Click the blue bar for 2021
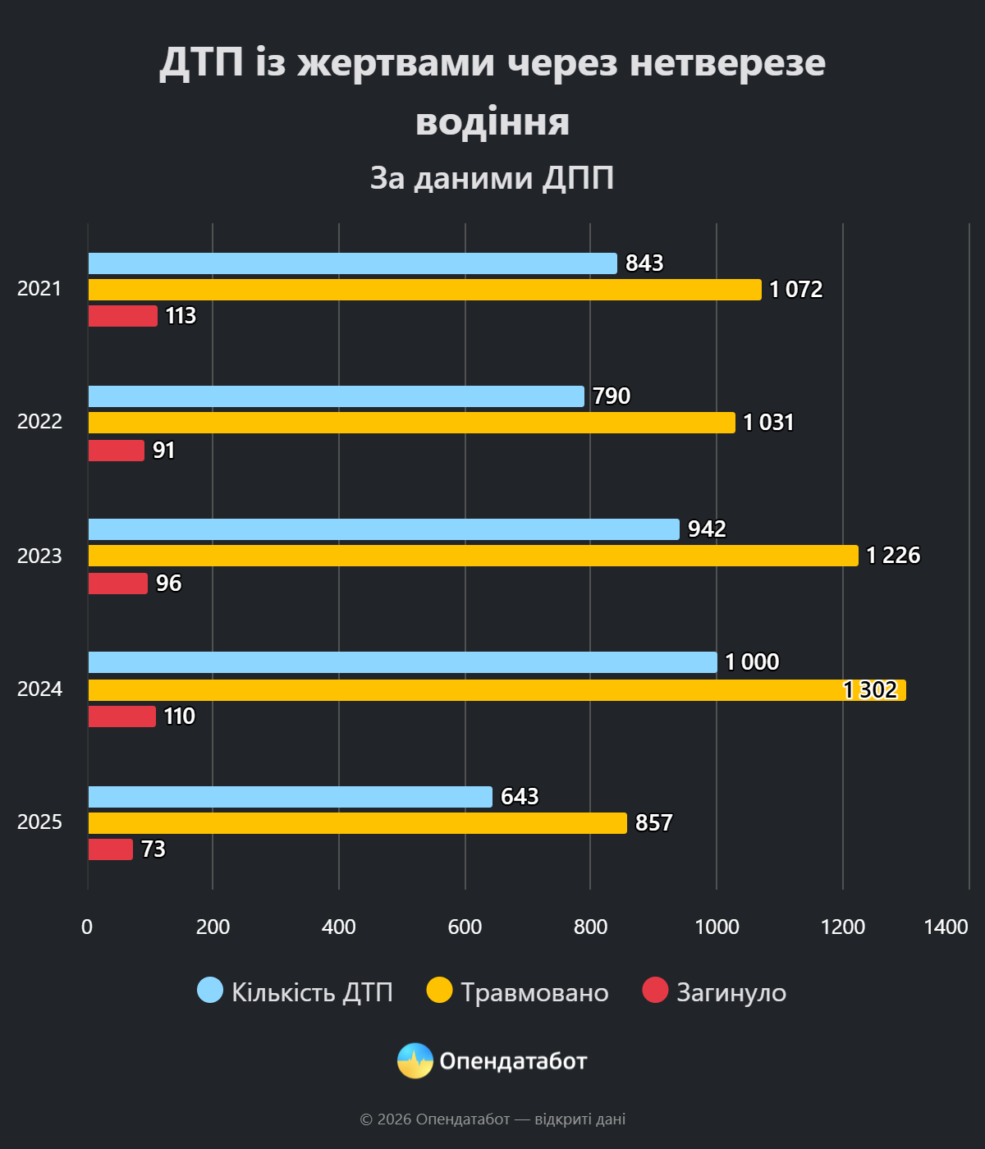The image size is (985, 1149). coord(353,263)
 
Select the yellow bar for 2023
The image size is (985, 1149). coord(473,556)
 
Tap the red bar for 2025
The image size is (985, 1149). coord(111,849)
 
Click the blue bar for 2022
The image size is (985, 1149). coord(337,396)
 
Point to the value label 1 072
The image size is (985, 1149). coord(795,290)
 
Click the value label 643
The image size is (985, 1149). coord(520,797)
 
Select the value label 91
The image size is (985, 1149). coord(164,451)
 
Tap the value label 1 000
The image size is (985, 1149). coord(752,662)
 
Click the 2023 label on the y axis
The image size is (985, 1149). coord(39,556)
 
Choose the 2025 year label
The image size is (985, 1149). coord(39,822)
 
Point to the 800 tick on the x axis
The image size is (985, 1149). coord(590,927)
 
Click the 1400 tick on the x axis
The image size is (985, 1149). coord(946,927)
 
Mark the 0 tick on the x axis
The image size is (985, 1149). coord(87,927)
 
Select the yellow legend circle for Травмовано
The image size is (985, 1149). coord(440,991)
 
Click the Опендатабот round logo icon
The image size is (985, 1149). coord(415,1061)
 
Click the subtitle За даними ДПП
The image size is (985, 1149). coord(492,178)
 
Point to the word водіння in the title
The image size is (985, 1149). coord(492,121)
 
